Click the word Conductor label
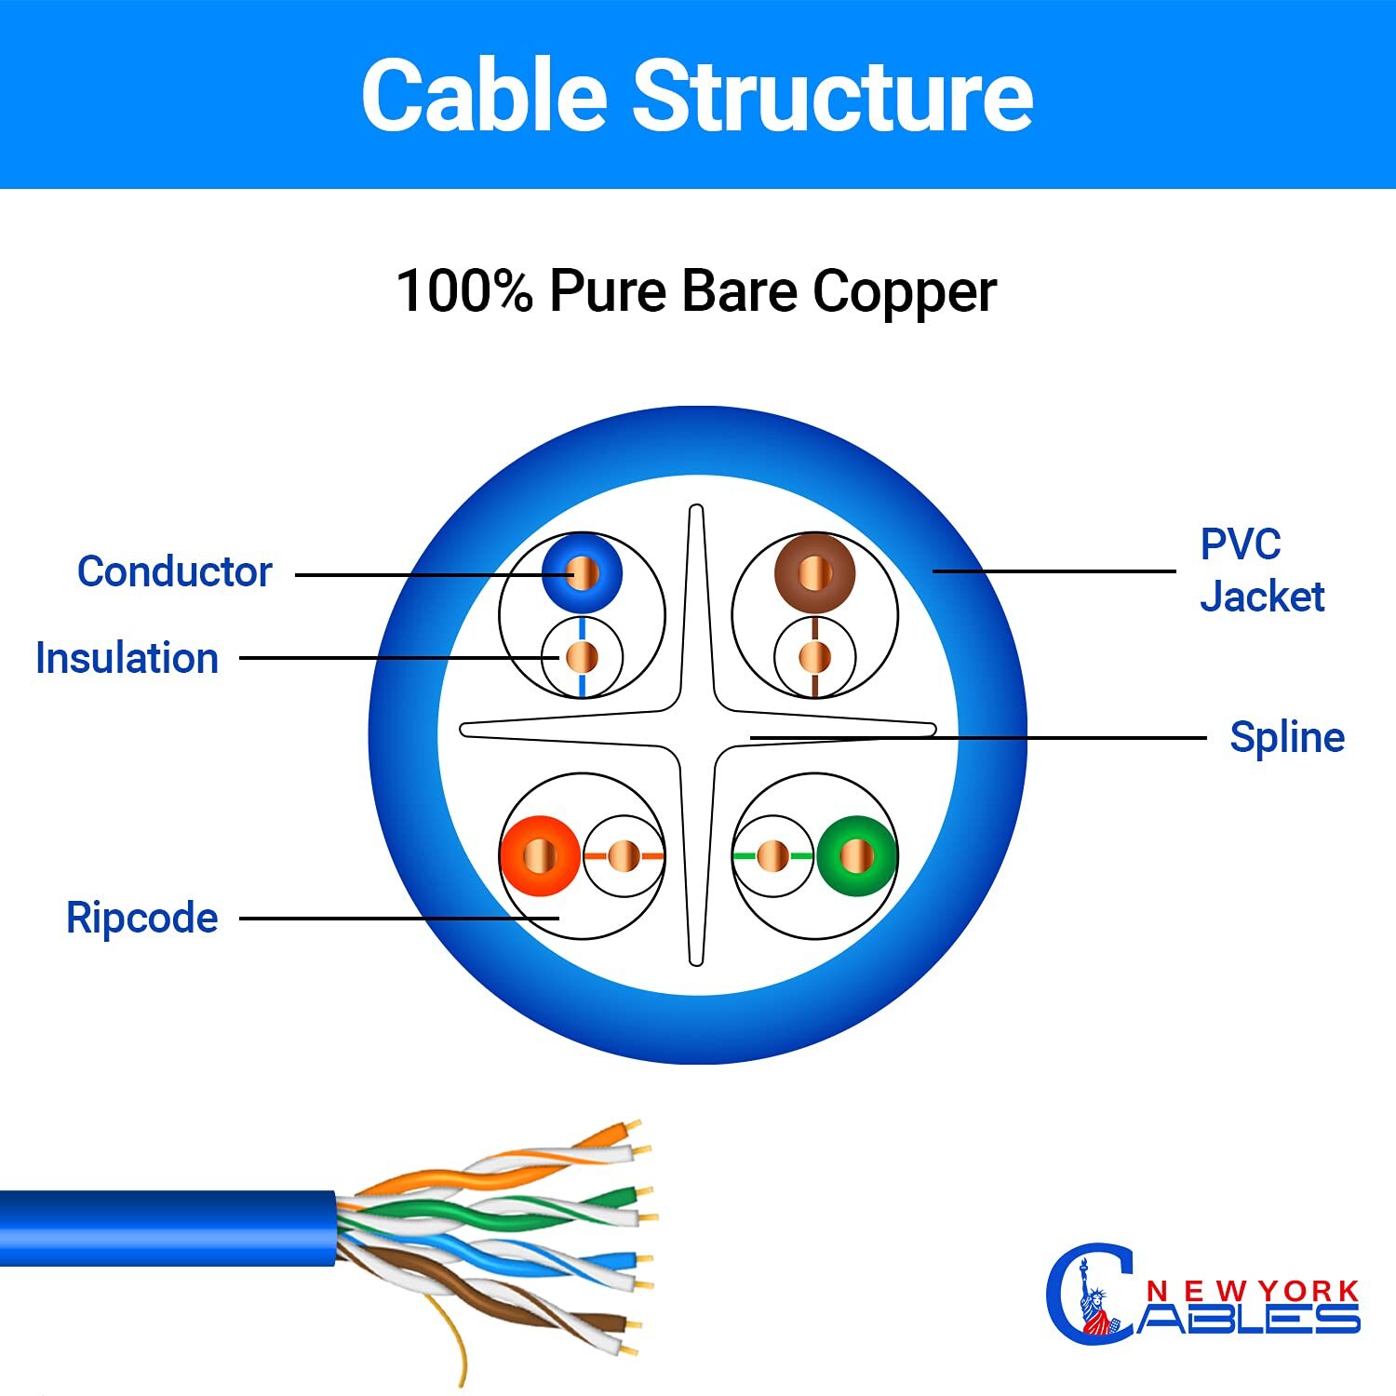tap(174, 571)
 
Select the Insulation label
tap(127, 658)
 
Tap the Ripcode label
tap(141, 918)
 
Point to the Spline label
tap(1287, 737)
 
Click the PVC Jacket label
tap(1261, 570)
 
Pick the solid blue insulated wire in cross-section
tap(582, 572)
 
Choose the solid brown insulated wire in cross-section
tap(814, 572)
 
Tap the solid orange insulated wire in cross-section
tap(540, 855)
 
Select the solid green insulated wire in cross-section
tap(857, 855)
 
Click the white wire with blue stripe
tap(582, 657)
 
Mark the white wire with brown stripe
tap(814, 657)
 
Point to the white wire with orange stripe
tap(624, 855)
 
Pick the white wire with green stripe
tap(772, 855)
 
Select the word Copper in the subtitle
tap(904, 291)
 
